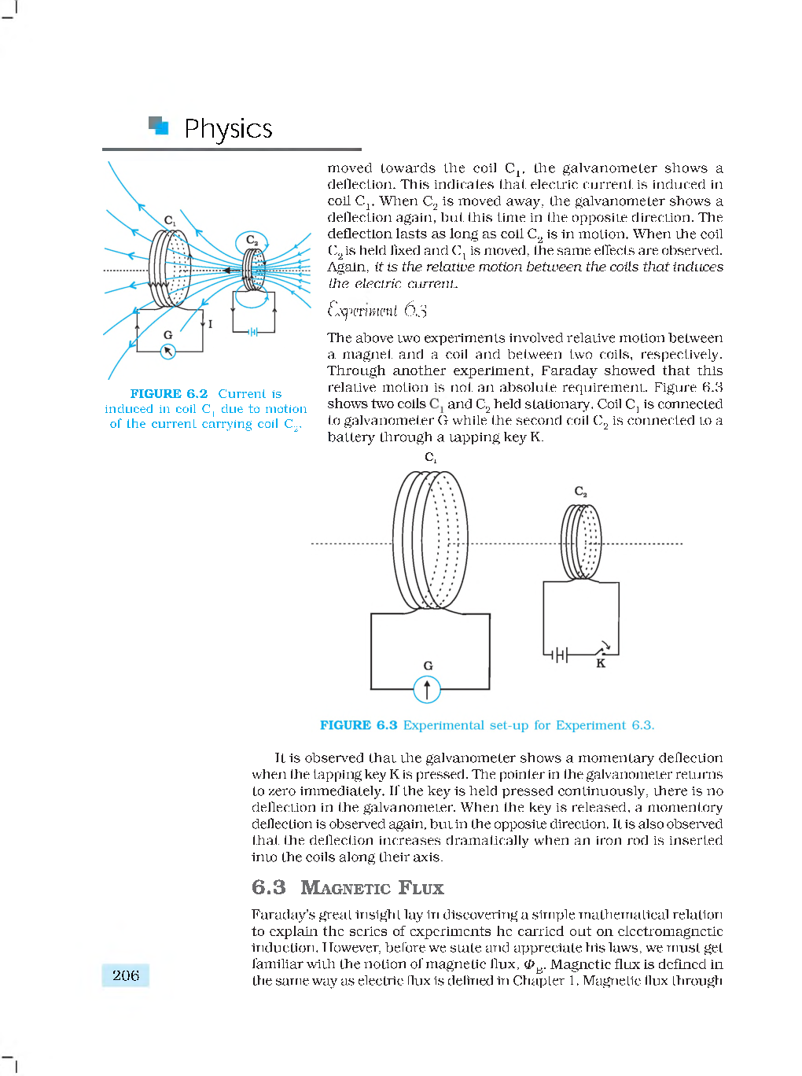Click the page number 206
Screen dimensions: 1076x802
click(126, 975)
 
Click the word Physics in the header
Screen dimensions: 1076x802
click(228, 128)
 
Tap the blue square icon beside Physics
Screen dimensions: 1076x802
click(159, 126)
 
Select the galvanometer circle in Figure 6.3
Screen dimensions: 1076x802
click(427, 690)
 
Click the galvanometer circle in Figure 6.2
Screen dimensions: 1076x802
click(167, 352)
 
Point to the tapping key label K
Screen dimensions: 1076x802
click(601, 664)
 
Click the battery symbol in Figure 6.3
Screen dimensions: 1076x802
click(557, 654)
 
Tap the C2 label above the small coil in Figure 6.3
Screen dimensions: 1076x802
click(580, 492)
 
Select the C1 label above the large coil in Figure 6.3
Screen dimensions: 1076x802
click(430, 457)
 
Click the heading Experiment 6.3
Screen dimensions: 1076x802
click(377, 310)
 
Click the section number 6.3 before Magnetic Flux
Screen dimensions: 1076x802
click(269, 887)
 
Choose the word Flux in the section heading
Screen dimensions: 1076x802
click(421, 888)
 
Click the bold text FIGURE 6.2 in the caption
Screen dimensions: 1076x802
click(169, 393)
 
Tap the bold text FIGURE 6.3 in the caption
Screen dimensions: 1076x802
click(359, 725)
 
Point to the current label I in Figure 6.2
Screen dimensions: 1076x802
click(210, 323)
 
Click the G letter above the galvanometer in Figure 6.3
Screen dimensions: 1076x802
click(428, 665)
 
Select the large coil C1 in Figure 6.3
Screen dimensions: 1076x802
click(430, 540)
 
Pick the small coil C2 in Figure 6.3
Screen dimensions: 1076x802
click(581, 541)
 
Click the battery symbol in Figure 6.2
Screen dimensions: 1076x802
click(253, 332)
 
